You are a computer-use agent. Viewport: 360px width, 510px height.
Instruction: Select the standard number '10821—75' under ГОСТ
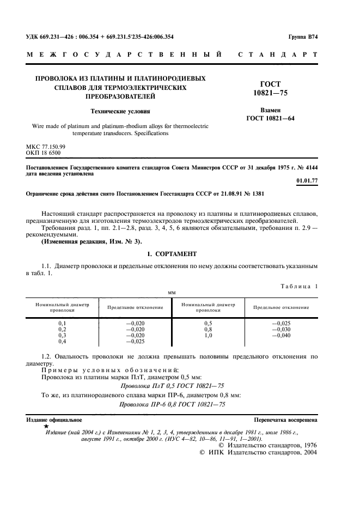pyautogui.click(x=271, y=93)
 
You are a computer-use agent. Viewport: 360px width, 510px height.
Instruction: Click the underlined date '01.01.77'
pyautogui.click(x=307, y=180)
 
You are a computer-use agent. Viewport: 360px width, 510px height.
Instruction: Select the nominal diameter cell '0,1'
pyautogui.click(x=62, y=323)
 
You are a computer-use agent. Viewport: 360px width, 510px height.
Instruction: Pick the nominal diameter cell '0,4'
pyautogui.click(x=62, y=341)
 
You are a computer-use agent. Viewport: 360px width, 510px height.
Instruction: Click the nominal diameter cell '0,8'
pyautogui.click(x=208, y=329)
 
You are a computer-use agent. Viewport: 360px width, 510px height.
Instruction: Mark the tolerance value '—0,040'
pyautogui.click(x=280, y=335)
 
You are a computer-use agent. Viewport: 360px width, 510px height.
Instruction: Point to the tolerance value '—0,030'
pyautogui.click(x=280, y=329)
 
